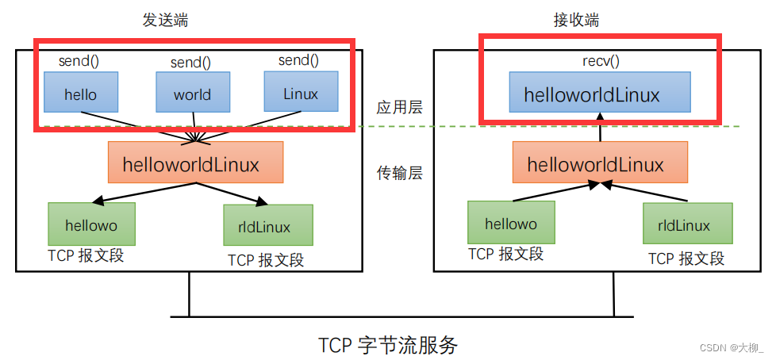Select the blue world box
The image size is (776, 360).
click(192, 94)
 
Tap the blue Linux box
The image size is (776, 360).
click(301, 94)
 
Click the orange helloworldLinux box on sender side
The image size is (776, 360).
click(195, 163)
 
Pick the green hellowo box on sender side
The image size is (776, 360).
click(93, 224)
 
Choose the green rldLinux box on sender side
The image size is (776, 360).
click(268, 227)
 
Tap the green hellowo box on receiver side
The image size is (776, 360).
click(511, 224)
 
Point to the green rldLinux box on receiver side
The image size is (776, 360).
click(687, 225)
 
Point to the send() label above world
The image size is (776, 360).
click(191, 62)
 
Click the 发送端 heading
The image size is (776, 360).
click(154, 20)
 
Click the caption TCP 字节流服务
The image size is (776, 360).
click(388, 345)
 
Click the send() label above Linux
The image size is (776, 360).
click(298, 59)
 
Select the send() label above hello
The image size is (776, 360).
click(79, 59)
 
